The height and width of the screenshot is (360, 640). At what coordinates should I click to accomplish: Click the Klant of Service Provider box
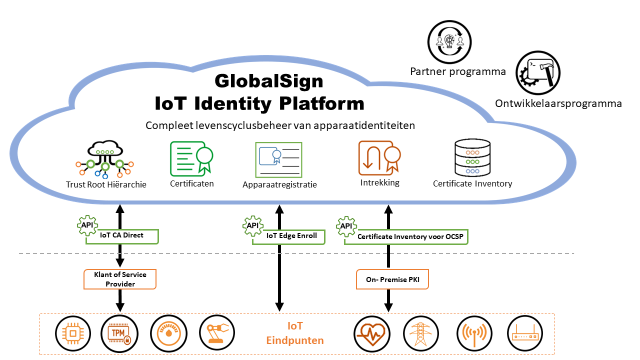coord(120,279)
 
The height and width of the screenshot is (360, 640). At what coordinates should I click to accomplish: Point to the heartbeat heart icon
coord(371,333)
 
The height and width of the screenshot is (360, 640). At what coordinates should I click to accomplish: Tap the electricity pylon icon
coord(420,333)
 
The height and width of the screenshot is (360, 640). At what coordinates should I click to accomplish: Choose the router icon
coord(524,333)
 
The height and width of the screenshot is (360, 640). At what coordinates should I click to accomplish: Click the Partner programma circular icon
coord(449,42)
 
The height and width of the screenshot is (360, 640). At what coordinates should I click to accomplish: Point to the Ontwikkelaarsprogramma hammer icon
coord(538,73)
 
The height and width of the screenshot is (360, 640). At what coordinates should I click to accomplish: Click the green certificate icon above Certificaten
coord(192,158)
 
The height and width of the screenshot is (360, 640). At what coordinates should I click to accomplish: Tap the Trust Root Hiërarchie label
coord(106,184)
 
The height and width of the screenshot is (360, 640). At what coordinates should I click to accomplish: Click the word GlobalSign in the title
coord(269,81)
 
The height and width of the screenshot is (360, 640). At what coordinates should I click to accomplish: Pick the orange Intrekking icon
coord(379,158)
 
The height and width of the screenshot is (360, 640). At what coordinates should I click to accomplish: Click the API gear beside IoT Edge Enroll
coord(252,225)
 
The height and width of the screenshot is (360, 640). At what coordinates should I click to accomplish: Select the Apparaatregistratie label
coord(279,184)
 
